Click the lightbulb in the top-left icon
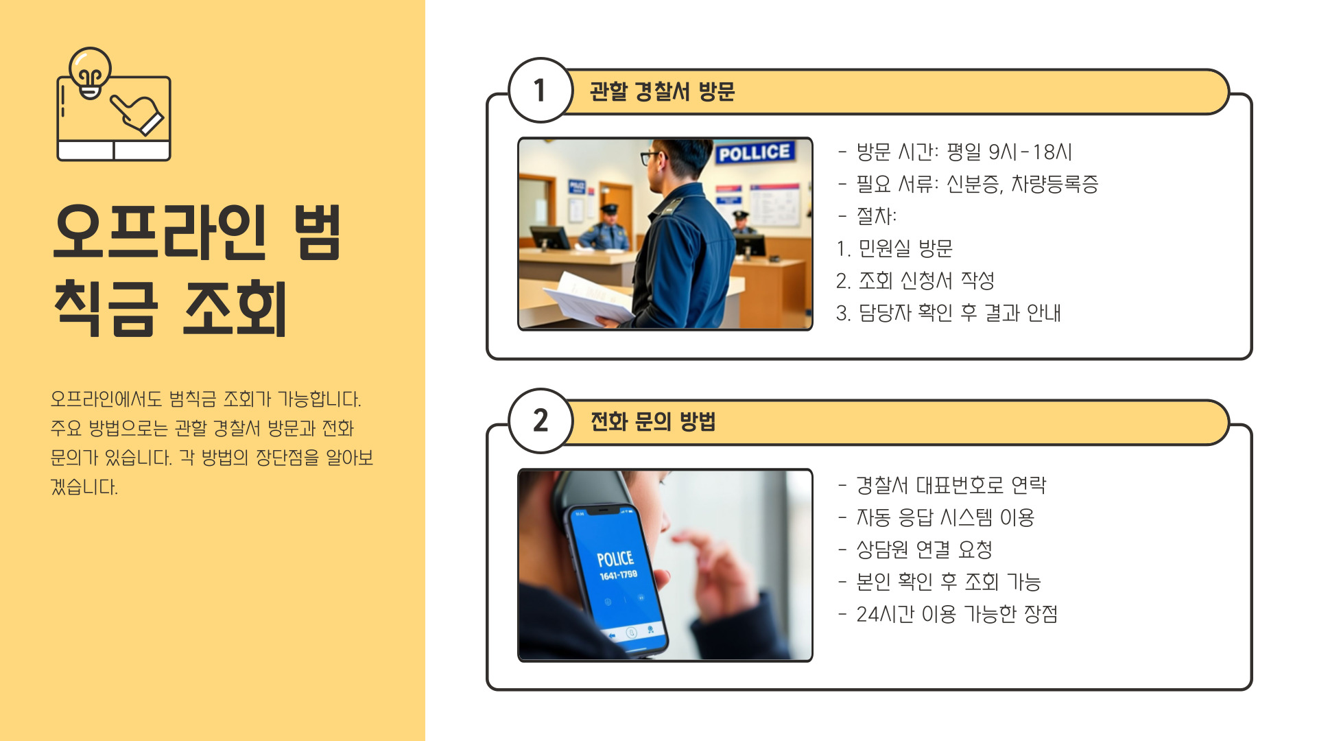90,73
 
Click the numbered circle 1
541,90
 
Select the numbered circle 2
541,421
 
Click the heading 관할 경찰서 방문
662,91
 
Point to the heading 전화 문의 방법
653,421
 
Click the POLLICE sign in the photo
755,152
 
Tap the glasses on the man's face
652,157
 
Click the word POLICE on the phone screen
615,558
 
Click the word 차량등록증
1055,184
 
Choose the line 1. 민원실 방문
894,248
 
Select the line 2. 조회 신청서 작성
915,281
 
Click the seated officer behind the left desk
605,228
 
